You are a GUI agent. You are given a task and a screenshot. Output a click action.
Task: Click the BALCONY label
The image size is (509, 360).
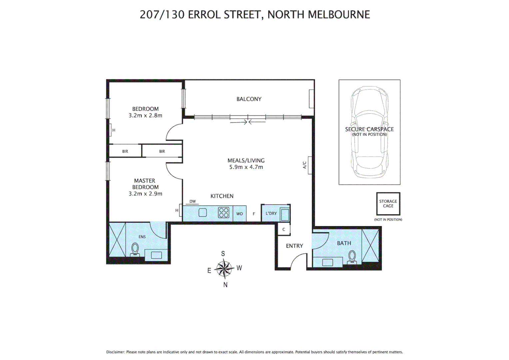pos(249,99)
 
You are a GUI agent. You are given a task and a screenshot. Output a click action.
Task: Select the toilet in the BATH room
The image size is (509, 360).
pos(352,257)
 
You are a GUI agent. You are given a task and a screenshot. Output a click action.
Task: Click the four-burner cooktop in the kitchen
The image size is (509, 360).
pos(224,213)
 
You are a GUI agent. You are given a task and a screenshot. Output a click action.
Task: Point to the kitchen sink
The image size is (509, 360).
pos(203,213)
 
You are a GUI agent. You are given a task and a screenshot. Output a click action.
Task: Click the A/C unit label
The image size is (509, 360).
pos(304,165)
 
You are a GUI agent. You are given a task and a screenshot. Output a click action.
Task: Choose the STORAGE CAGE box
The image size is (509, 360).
pos(388,204)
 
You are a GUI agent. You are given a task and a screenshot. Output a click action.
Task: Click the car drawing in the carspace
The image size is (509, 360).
pos(369,132)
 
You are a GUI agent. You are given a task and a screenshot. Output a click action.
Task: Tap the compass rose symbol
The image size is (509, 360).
pos(224,269)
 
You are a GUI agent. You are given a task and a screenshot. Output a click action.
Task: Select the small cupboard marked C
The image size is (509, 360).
pos(284,229)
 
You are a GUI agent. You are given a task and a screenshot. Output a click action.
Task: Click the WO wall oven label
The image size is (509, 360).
pos(240,214)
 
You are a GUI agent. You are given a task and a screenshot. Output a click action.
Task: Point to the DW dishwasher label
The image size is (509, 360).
pos(193,201)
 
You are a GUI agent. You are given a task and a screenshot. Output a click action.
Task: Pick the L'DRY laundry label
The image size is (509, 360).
pos(271,213)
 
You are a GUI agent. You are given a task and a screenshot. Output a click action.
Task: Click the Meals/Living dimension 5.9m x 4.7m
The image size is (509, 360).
pos(246,167)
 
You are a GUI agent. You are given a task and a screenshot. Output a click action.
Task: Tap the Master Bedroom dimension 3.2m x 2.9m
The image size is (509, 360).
pos(145,194)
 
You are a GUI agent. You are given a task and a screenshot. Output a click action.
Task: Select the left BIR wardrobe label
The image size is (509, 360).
pos(125,151)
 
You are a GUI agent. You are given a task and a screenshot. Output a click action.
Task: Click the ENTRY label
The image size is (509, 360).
pos(294,246)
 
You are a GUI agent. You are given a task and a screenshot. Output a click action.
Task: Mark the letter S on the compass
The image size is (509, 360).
pos(223,254)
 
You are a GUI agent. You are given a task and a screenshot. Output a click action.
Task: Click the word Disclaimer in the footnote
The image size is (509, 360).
pos(115,352)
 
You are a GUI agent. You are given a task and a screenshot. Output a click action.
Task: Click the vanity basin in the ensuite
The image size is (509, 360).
pos(156,255)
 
